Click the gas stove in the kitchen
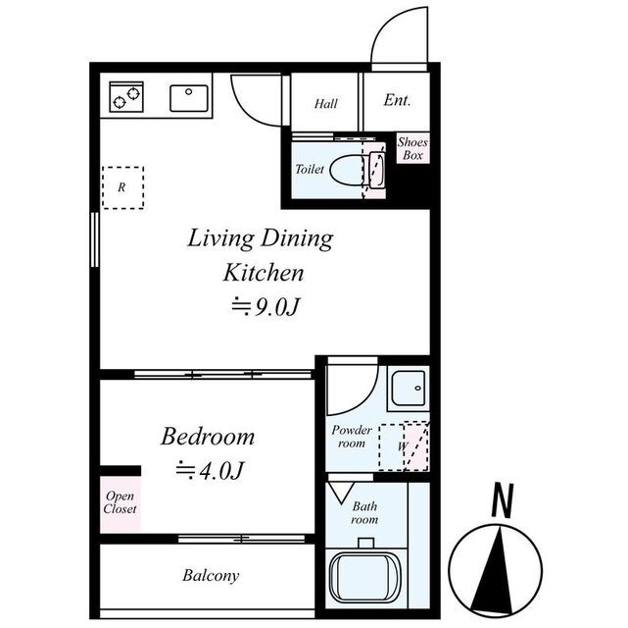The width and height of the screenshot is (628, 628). (125, 97)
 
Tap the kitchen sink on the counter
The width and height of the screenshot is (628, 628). (190, 98)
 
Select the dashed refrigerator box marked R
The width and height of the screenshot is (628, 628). (122, 186)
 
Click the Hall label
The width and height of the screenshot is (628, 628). (326, 103)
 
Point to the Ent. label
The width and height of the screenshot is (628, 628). (396, 100)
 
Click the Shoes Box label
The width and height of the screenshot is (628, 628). (412, 148)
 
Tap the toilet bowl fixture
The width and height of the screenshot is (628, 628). (349, 169)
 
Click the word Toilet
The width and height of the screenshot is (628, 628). (309, 169)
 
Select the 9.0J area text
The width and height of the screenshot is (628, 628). (263, 307)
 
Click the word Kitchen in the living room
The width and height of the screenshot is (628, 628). (262, 272)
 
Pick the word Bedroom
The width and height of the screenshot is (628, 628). (208, 437)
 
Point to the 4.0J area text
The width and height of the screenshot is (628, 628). (208, 471)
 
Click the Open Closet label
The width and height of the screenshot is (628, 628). (121, 502)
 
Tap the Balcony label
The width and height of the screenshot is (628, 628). (210, 576)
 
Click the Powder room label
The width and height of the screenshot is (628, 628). (351, 437)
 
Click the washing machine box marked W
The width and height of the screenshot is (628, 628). (404, 446)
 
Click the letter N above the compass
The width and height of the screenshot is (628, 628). (502, 502)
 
